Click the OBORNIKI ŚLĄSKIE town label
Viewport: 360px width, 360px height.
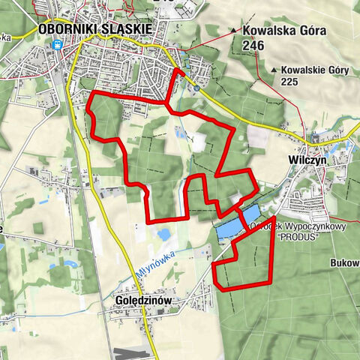(94, 28)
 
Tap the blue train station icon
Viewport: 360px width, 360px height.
(57, 44)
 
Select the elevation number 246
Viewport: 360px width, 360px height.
(253, 46)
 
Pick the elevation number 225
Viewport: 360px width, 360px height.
(290, 81)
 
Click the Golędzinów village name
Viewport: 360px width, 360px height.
(145, 300)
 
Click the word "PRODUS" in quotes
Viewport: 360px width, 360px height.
(298, 236)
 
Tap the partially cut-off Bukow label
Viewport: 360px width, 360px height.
(344, 263)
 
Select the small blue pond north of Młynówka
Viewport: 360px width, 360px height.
(163, 235)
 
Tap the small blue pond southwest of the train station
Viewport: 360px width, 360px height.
(44, 200)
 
